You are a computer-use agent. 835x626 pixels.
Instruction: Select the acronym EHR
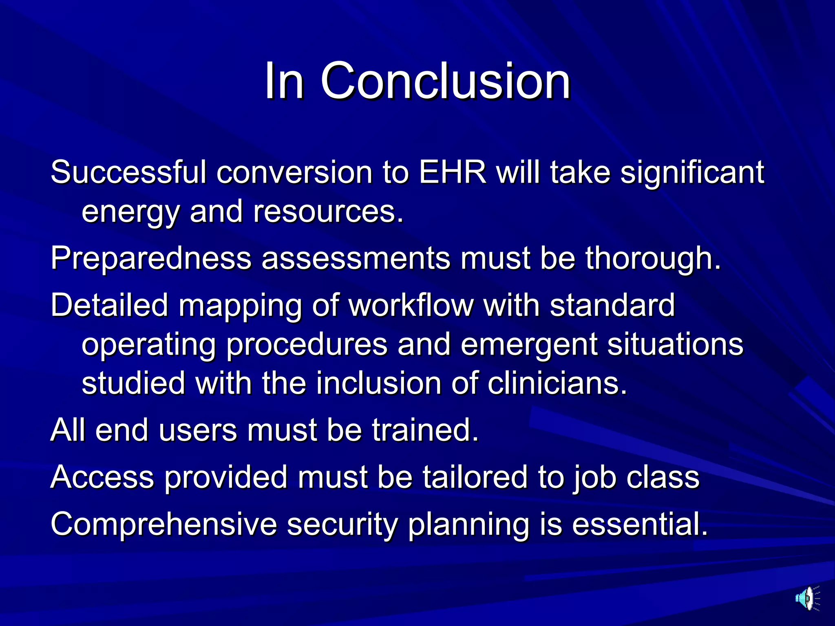(x=453, y=172)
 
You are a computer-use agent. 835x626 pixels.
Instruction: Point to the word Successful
(x=128, y=172)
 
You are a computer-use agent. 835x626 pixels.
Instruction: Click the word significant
(x=692, y=172)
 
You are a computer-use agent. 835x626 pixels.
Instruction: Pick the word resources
(x=328, y=212)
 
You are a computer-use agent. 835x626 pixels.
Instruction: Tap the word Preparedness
(x=151, y=258)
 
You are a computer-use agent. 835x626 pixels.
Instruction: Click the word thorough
(x=653, y=258)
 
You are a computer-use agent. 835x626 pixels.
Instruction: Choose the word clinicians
(x=557, y=384)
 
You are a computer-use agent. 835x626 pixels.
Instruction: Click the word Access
(x=102, y=477)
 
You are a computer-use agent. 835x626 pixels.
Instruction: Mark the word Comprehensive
(x=163, y=524)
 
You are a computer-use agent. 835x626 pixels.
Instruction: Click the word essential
(x=640, y=524)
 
